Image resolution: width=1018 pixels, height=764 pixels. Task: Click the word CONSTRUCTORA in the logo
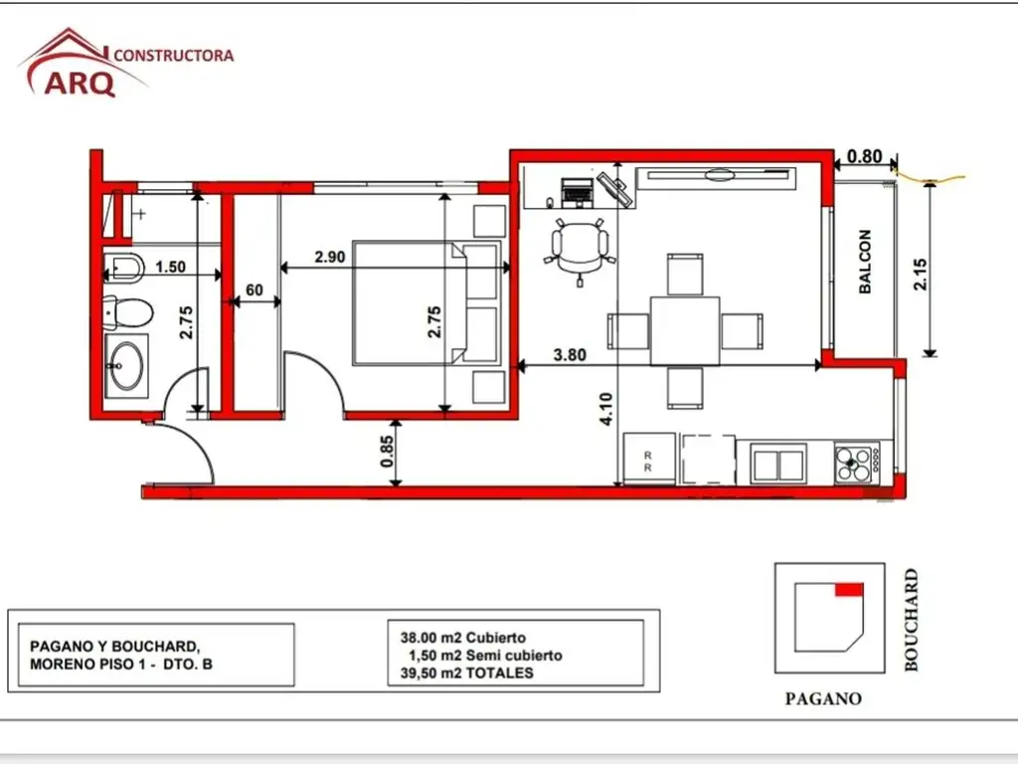click(x=174, y=56)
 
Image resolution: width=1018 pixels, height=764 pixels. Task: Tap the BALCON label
click(x=865, y=262)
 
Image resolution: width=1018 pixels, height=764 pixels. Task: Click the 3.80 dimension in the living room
click(x=570, y=355)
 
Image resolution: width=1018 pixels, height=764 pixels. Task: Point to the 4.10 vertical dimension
click(x=605, y=409)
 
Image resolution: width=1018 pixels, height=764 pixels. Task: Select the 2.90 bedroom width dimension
click(x=330, y=257)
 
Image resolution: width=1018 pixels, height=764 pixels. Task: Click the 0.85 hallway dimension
click(x=387, y=451)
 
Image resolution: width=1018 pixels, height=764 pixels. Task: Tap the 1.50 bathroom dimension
click(x=170, y=267)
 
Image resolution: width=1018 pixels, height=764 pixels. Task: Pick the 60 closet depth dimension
click(x=254, y=289)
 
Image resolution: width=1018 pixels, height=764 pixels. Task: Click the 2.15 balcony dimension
click(x=920, y=275)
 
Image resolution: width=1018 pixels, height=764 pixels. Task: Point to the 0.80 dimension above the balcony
click(x=865, y=156)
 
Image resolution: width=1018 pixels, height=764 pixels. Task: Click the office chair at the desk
click(x=580, y=250)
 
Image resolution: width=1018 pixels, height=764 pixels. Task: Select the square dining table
click(x=685, y=330)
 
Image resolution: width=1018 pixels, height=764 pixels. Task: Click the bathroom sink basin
click(x=126, y=366)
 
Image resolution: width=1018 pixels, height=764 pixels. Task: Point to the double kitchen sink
click(x=778, y=464)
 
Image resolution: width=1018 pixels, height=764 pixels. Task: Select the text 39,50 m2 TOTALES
click(x=467, y=673)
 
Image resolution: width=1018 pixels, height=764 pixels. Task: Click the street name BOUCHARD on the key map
click(x=912, y=620)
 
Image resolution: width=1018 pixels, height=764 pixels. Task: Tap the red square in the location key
click(x=849, y=589)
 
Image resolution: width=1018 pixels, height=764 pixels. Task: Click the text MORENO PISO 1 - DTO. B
click(x=120, y=664)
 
